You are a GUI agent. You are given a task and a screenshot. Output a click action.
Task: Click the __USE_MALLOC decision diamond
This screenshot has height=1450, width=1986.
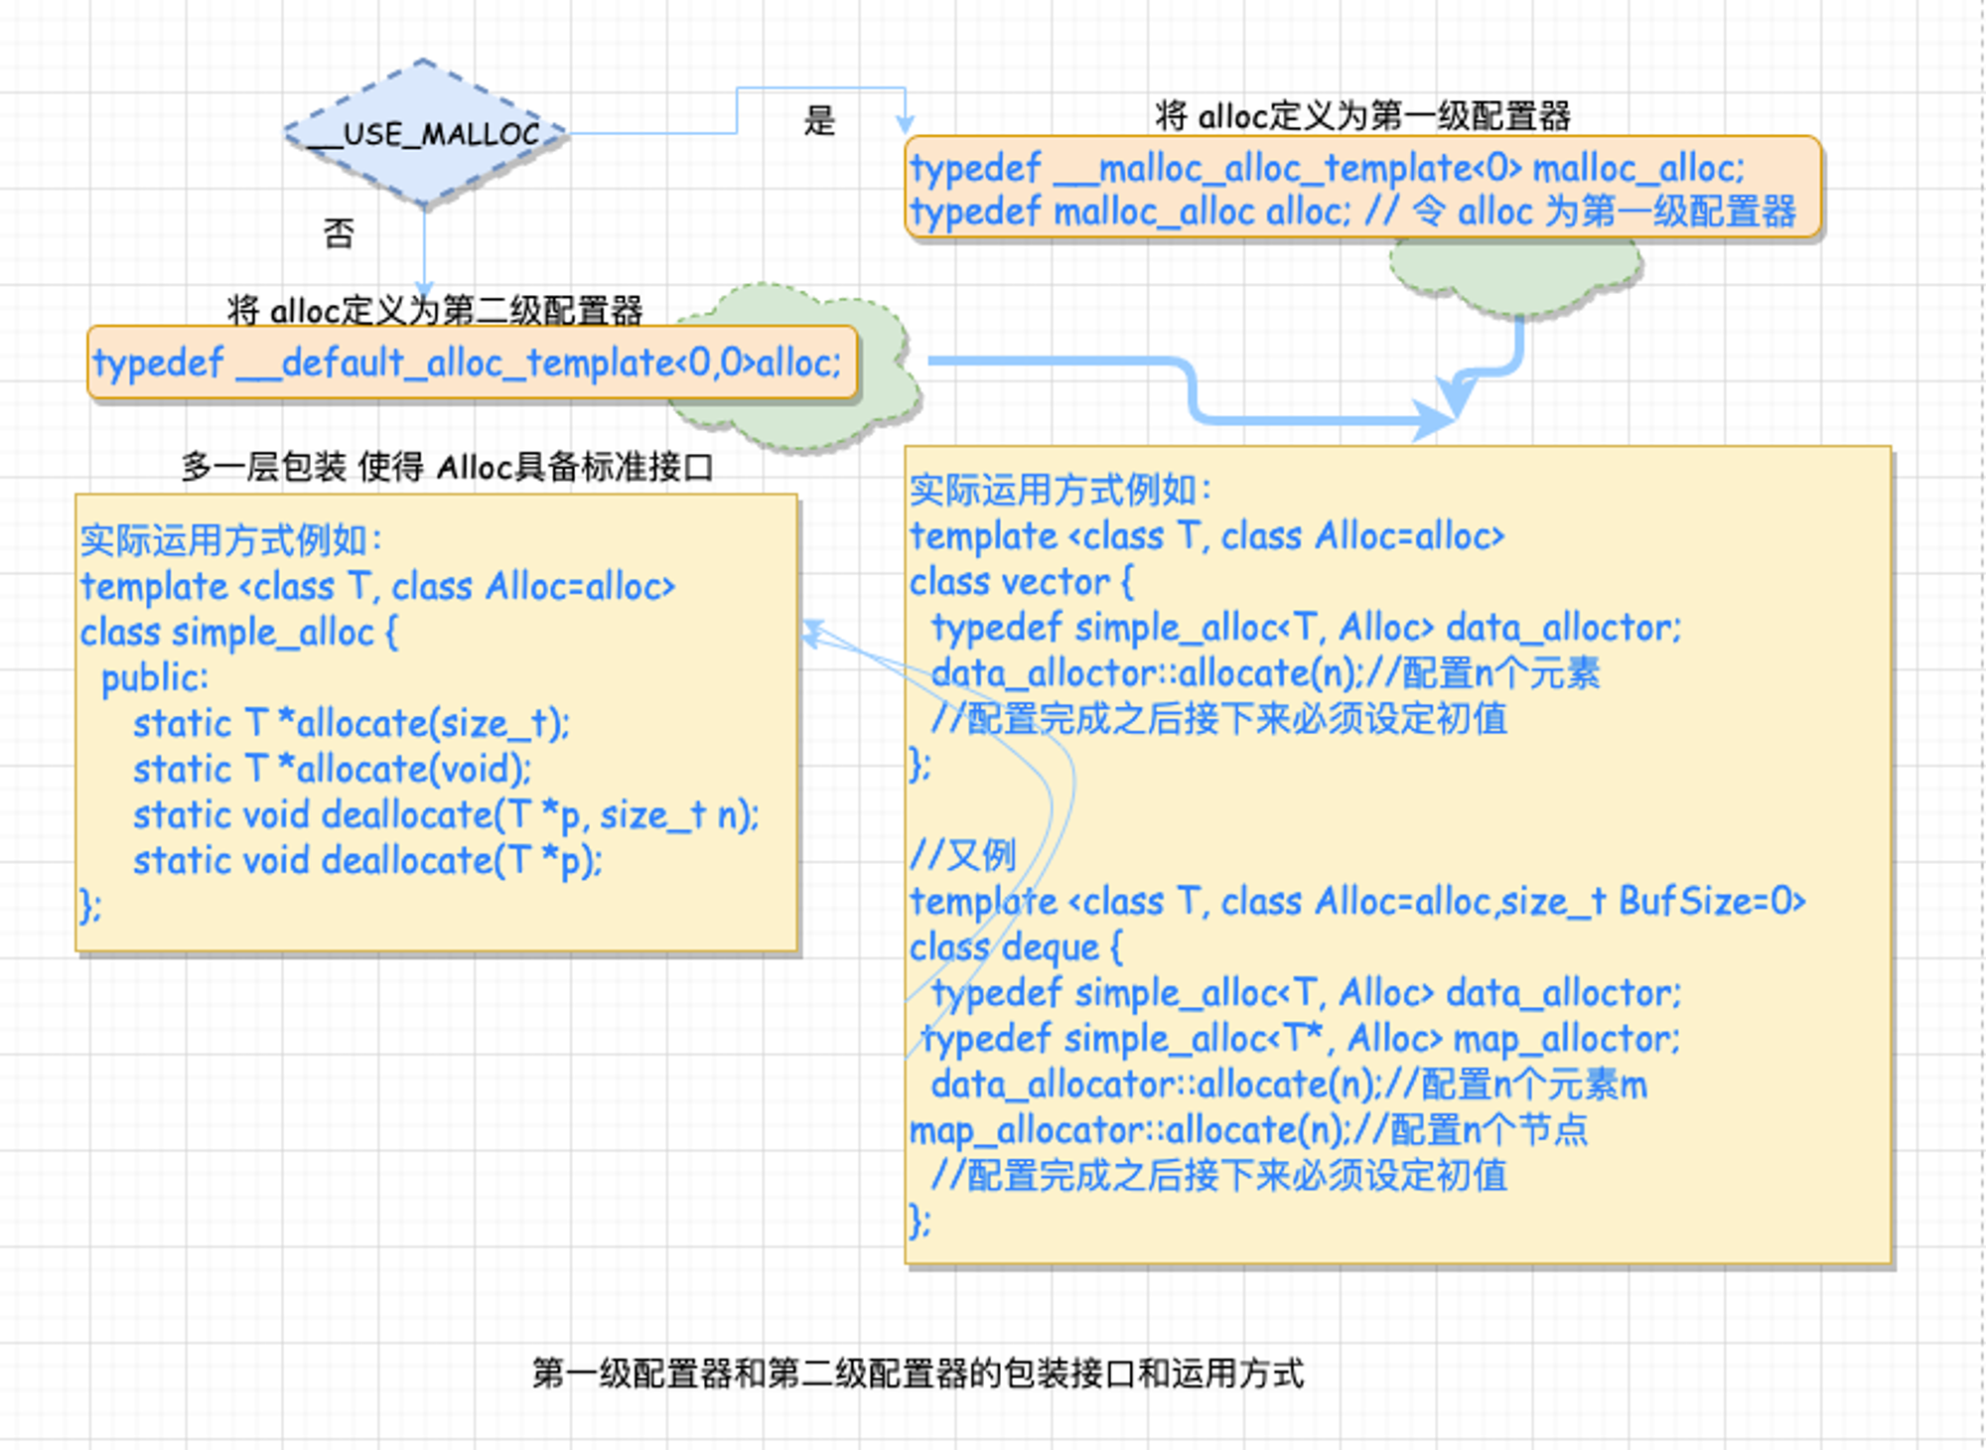click(425, 133)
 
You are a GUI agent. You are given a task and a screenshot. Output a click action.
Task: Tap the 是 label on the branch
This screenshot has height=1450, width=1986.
click(819, 121)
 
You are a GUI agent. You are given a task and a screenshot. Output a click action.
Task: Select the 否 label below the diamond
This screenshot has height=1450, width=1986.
click(339, 233)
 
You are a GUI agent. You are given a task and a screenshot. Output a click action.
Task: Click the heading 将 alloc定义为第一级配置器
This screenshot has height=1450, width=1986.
click(1362, 116)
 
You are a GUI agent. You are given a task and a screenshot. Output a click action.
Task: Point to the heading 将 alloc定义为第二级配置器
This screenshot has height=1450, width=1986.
click(434, 310)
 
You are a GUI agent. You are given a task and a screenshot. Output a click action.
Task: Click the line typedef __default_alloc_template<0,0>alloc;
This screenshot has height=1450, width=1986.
click(467, 363)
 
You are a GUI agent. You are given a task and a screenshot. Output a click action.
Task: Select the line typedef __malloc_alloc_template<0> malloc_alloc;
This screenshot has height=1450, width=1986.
click(1327, 168)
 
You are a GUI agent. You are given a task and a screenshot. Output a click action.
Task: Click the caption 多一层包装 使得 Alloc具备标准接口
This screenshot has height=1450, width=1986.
click(447, 466)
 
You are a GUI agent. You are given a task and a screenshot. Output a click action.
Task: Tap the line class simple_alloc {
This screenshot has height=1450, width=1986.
click(238, 633)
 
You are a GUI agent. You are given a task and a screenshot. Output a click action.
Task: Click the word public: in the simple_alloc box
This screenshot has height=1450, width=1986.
click(155, 678)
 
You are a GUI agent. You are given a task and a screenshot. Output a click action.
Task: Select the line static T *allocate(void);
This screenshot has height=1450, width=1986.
click(333, 770)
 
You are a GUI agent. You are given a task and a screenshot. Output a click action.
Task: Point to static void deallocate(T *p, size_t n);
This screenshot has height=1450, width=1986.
click(446, 815)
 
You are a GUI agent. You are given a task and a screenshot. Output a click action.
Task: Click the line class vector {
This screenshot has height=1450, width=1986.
click(1021, 582)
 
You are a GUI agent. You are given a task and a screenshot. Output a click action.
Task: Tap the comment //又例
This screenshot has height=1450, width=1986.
click(962, 855)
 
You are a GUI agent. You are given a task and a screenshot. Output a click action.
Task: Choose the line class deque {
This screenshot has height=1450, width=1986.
click(1016, 947)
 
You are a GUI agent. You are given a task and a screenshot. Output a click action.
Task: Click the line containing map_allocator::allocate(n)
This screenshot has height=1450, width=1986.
click(1248, 1130)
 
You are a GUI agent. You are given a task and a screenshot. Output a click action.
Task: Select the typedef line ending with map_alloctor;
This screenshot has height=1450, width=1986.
click(1301, 1039)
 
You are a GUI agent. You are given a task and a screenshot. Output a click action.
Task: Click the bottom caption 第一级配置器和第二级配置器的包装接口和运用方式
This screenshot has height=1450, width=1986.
click(918, 1374)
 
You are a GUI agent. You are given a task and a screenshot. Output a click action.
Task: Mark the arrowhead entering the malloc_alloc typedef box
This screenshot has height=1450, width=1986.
click(905, 124)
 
